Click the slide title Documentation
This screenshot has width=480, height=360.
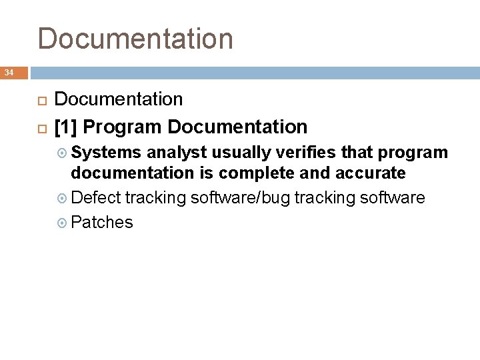[135, 39]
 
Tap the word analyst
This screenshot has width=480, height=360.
[174, 153]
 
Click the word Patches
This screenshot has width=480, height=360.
[102, 222]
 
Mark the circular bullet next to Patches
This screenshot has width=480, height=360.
[63, 223]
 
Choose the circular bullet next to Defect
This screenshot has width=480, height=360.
[63, 199]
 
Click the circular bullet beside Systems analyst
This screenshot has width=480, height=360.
[63, 153]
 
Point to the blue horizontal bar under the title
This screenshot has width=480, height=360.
[253, 73]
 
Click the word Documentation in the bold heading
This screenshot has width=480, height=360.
[237, 127]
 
